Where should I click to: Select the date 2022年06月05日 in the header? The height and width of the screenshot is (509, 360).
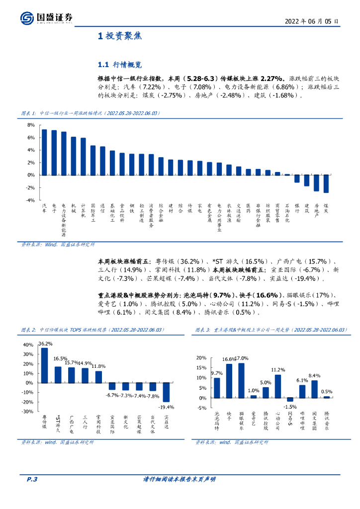(312, 21)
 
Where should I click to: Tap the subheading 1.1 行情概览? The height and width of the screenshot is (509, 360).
(120, 65)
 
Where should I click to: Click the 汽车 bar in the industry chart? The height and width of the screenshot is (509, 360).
(44, 152)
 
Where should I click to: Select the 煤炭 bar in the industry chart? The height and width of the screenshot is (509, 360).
(326, 183)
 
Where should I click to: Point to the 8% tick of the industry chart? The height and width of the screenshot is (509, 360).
(31, 125)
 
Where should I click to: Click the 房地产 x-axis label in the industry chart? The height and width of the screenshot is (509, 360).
(317, 211)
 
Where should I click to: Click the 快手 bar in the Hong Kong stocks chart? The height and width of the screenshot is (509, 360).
(229, 381)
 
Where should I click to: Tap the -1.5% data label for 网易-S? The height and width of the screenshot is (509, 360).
(290, 406)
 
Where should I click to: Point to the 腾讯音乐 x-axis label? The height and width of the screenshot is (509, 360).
(327, 420)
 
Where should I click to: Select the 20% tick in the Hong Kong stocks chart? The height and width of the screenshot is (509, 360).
(201, 358)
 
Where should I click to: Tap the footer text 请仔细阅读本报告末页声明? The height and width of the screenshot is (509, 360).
(179, 479)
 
